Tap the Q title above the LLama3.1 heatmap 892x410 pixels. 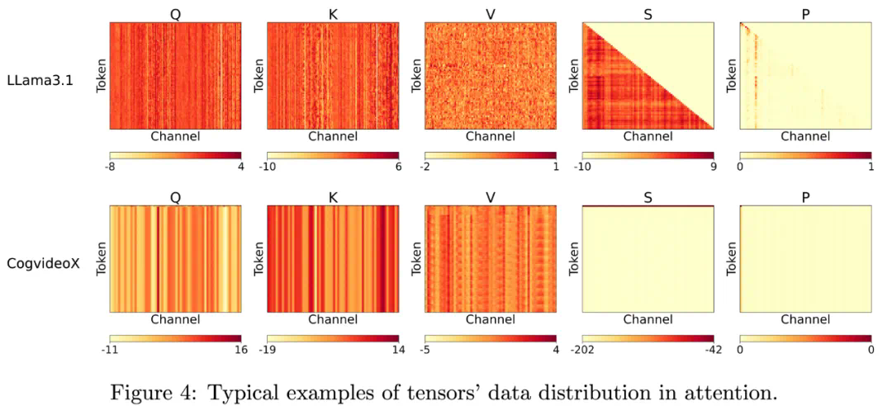[x=175, y=12]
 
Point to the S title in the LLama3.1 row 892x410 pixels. [x=648, y=12]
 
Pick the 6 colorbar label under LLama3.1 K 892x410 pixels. [x=399, y=167]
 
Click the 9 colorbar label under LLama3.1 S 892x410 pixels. [x=714, y=167]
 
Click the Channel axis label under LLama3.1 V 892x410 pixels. [x=491, y=136]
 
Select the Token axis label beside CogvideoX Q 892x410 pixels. [x=101, y=259]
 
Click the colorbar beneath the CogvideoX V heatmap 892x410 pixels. [x=491, y=338]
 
